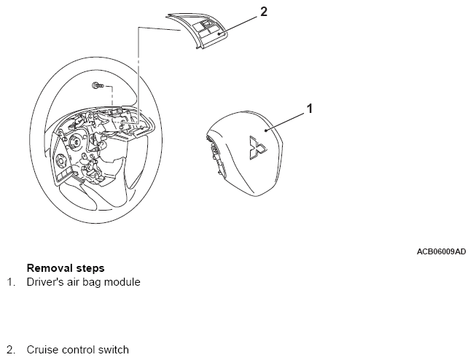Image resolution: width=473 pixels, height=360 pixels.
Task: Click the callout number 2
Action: point(263,12)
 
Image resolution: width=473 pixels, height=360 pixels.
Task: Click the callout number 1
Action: point(310,109)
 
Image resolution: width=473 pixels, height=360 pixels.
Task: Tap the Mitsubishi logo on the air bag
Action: point(257,147)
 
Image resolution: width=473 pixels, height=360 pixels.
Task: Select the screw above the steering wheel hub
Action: point(98,86)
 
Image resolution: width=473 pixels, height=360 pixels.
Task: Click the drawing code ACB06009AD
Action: point(442,251)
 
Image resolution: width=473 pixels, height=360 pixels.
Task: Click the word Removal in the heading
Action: point(50,267)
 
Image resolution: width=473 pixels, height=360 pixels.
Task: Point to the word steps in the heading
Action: point(90,268)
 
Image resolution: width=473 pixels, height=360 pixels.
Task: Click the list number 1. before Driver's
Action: point(11,282)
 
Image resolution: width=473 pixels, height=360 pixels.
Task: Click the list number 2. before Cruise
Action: point(11,350)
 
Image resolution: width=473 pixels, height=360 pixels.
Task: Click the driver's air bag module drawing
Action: point(246,154)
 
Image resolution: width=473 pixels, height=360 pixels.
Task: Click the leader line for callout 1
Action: point(285,122)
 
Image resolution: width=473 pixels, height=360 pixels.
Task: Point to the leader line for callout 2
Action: point(238,25)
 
